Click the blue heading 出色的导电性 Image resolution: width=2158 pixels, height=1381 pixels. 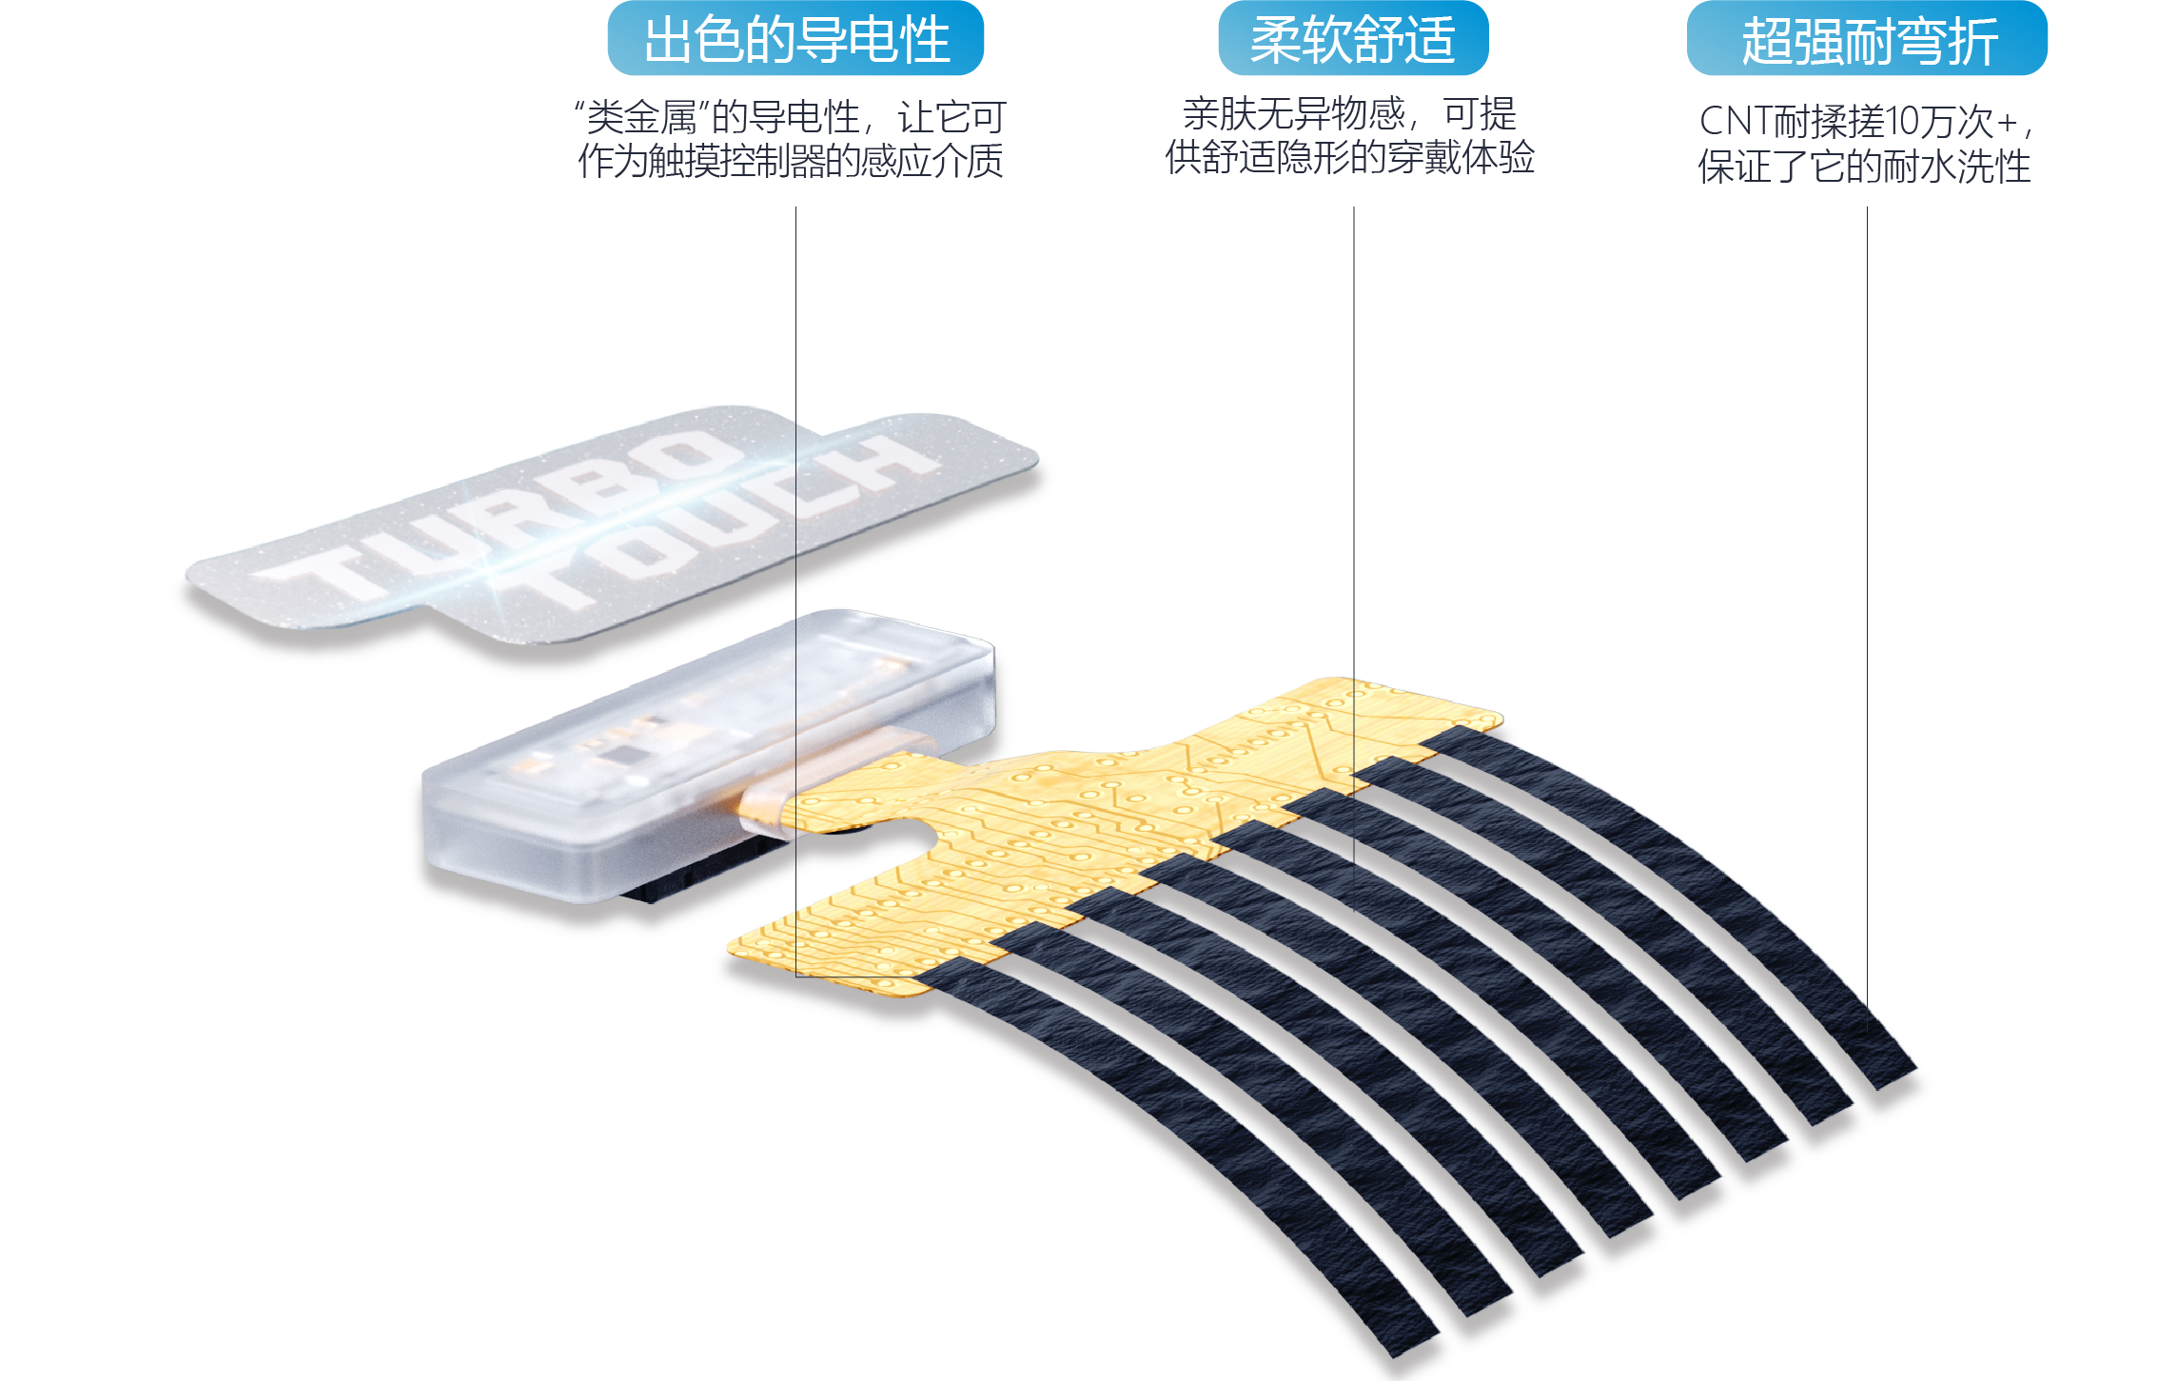[x=795, y=39]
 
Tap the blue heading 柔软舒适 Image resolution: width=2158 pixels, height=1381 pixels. [x=1352, y=39]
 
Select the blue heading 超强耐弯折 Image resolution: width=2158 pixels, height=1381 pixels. [x=1868, y=41]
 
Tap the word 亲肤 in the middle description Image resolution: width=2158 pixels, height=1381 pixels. [x=1219, y=115]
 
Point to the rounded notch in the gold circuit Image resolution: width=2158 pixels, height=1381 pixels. [x=913, y=838]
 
